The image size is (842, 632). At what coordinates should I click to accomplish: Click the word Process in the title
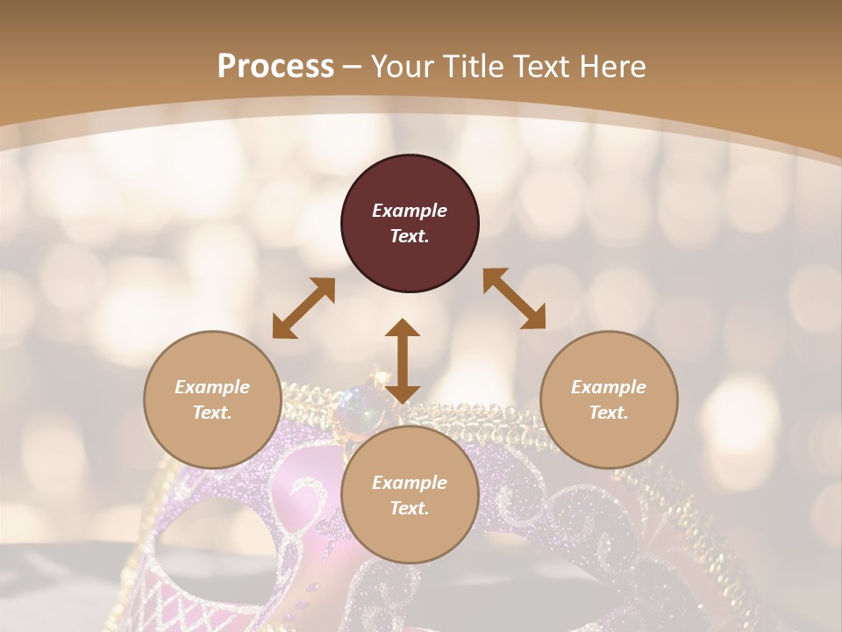point(275,66)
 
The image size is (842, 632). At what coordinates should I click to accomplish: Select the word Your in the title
point(403,66)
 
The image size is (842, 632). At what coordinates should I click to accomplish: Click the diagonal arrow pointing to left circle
point(303,308)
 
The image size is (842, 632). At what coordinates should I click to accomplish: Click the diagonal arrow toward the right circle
point(515,298)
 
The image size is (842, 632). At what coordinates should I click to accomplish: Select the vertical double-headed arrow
point(403,361)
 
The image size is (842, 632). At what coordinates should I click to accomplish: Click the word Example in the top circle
point(410,211)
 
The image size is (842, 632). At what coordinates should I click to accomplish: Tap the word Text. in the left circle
point(212,413)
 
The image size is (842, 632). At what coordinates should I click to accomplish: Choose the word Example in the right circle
point(609,387)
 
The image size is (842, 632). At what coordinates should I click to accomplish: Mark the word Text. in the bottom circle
point(410,508)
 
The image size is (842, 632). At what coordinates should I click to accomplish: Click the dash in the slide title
point(352,68)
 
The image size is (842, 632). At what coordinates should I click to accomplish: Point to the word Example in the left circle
point(212,387)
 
